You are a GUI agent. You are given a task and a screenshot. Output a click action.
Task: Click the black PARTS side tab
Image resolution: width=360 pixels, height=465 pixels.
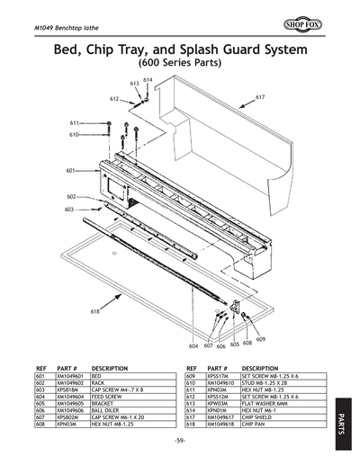[x=346, y=417]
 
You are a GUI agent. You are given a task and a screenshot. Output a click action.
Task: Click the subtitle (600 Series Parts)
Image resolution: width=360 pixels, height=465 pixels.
[x=180, y=64]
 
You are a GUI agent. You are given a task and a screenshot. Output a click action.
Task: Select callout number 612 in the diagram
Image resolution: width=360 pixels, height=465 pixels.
[x=114, y=98]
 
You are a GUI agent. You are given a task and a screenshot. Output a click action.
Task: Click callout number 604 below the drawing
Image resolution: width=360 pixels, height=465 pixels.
[x=193, y=345]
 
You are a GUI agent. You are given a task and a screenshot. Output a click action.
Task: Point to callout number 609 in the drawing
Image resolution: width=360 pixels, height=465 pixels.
[x=260, y=339]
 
